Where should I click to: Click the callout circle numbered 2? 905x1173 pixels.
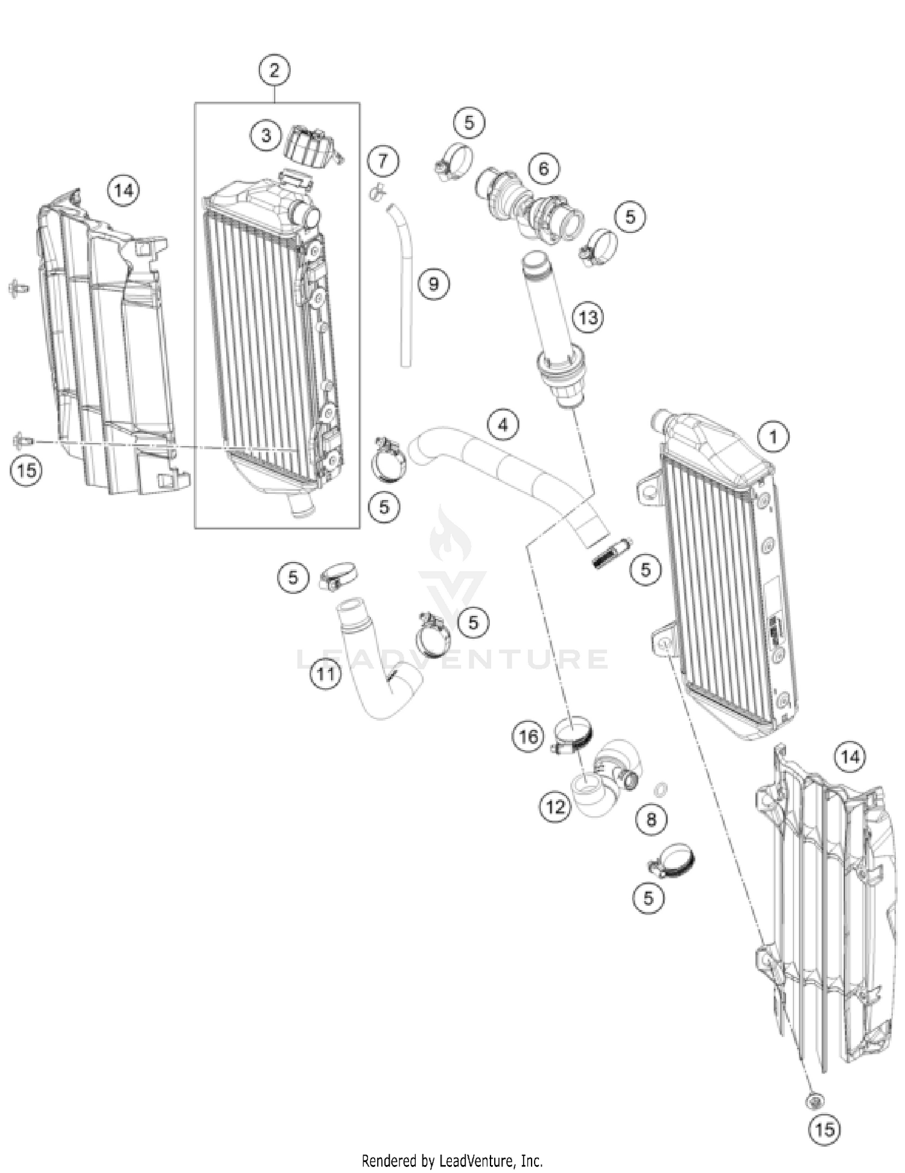275,71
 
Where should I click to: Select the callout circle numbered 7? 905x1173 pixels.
383,162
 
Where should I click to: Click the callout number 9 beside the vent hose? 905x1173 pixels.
433,283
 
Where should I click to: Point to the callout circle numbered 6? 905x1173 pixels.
544,168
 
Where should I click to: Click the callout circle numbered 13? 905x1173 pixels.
588,317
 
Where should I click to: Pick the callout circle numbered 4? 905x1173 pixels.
503,425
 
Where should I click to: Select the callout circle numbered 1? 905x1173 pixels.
773,436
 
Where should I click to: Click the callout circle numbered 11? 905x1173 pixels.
326,674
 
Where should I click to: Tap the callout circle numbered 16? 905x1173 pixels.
529,736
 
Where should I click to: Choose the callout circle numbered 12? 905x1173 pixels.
555,806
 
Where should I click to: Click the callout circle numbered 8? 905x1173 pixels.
651,819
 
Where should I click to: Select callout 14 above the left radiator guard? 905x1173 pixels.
124,191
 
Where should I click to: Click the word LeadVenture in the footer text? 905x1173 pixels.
476,1160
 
